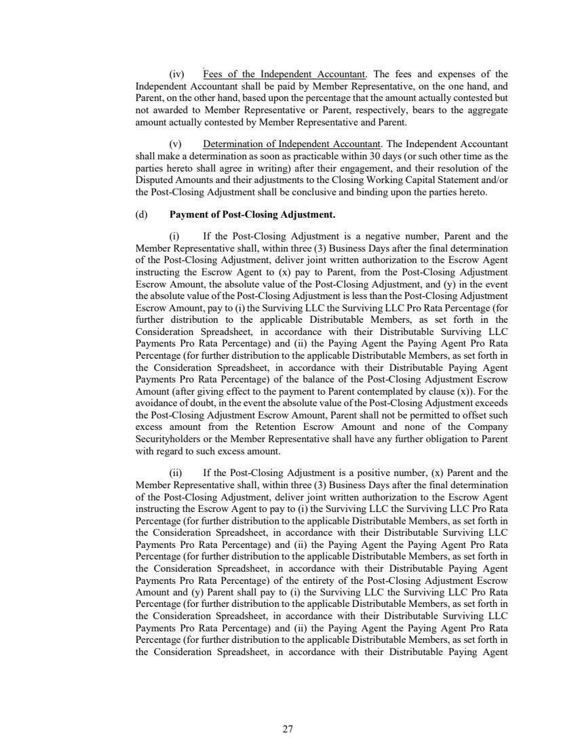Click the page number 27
(x=288, y=729)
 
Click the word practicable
(x=326, y=155)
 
